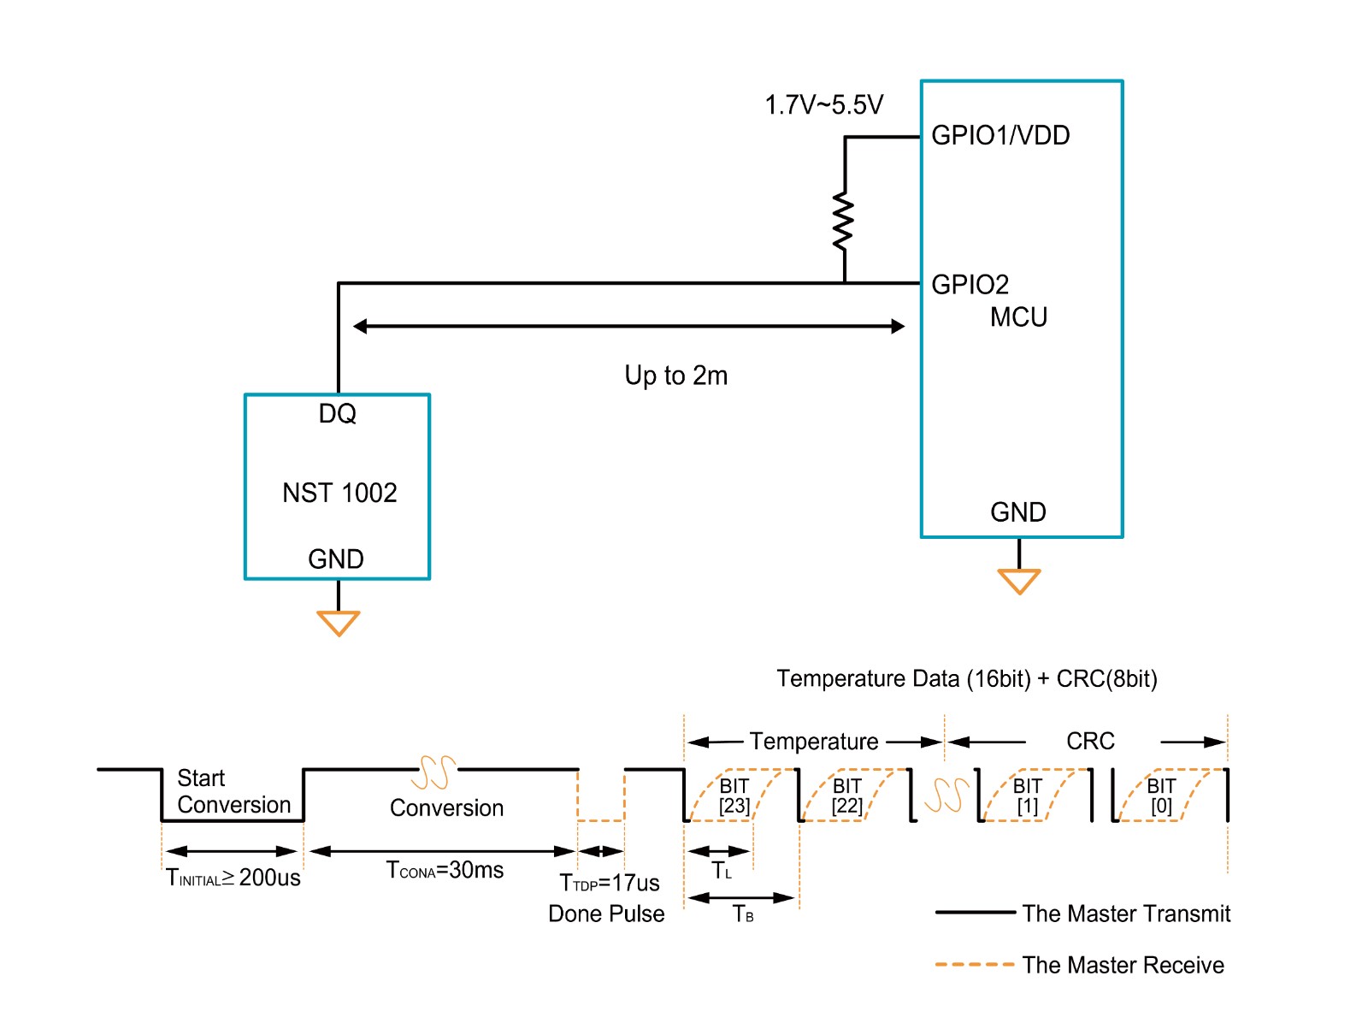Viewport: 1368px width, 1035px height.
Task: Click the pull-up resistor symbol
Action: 844,222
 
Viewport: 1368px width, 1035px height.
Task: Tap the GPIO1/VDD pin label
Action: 999,135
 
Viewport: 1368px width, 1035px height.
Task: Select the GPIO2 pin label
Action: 970,284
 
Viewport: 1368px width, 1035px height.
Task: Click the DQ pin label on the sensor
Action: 337,414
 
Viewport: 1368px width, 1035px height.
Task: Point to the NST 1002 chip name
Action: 339,493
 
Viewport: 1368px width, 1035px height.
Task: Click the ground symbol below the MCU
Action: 1018,581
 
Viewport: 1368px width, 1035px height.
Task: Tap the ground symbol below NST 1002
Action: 338,623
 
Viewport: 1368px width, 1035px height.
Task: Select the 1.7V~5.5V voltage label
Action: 823,105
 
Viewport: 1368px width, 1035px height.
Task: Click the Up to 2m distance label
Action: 675,376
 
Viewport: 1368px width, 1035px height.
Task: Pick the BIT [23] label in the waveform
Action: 734,795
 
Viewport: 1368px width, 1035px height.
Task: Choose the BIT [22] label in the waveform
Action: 846,795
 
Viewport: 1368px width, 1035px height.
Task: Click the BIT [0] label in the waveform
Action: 1161,795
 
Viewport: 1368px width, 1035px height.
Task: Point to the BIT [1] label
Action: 1027,795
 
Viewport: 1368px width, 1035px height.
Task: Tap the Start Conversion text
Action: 233,791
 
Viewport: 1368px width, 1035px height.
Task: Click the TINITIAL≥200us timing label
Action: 233,878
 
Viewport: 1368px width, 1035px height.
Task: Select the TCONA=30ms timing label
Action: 445,870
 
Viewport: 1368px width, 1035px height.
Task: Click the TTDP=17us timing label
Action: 609,883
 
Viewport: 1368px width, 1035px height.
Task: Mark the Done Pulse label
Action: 606,914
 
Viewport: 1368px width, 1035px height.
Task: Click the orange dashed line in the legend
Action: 974,964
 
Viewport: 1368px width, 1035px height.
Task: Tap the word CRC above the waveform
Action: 1090,741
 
